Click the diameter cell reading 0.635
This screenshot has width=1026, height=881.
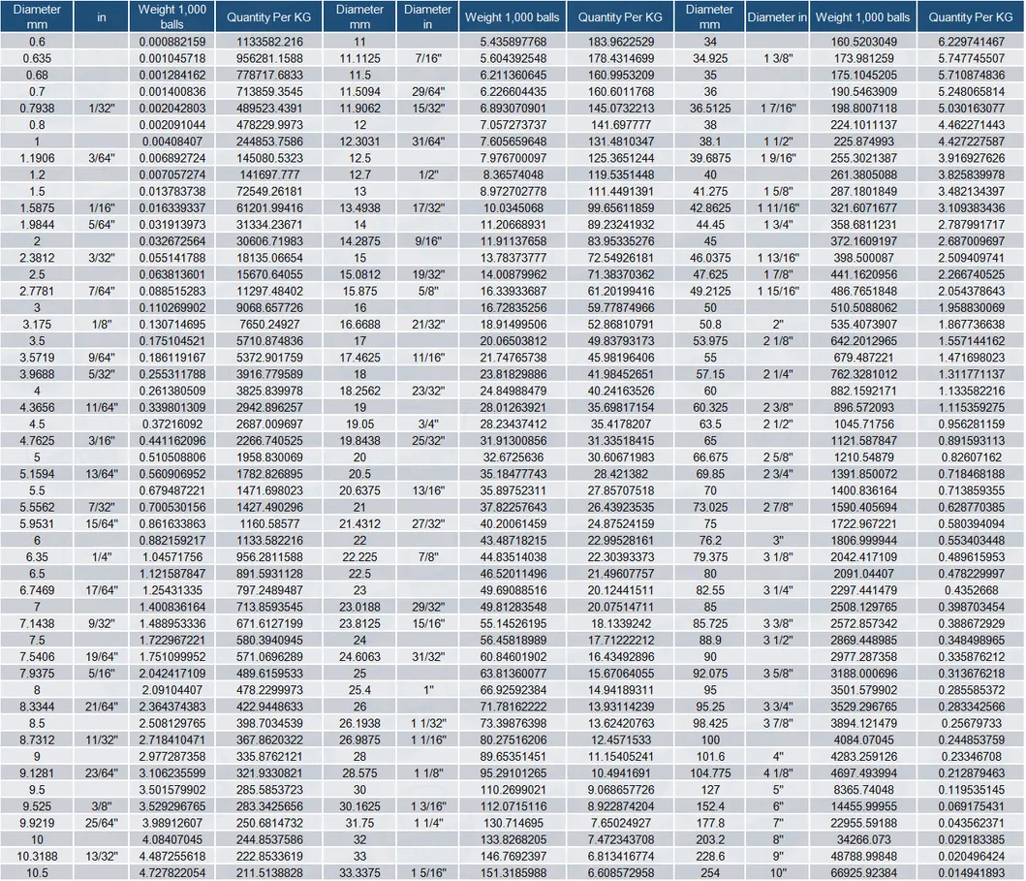coord(37,58)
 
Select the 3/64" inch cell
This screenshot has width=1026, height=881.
coord(102,158)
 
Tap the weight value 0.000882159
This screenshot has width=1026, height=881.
coord(171,42)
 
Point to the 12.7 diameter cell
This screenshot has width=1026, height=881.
coord(359,174)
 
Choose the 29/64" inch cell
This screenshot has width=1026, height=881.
coord(427,92)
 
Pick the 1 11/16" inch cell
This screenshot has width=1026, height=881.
coord(777,208)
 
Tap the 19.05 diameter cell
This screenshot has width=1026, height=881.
coord(359,424)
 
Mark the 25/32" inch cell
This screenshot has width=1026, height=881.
coord(427,441)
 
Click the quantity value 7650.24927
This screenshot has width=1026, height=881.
coord(264,325)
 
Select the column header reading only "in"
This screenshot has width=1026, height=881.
coord(102,17)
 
